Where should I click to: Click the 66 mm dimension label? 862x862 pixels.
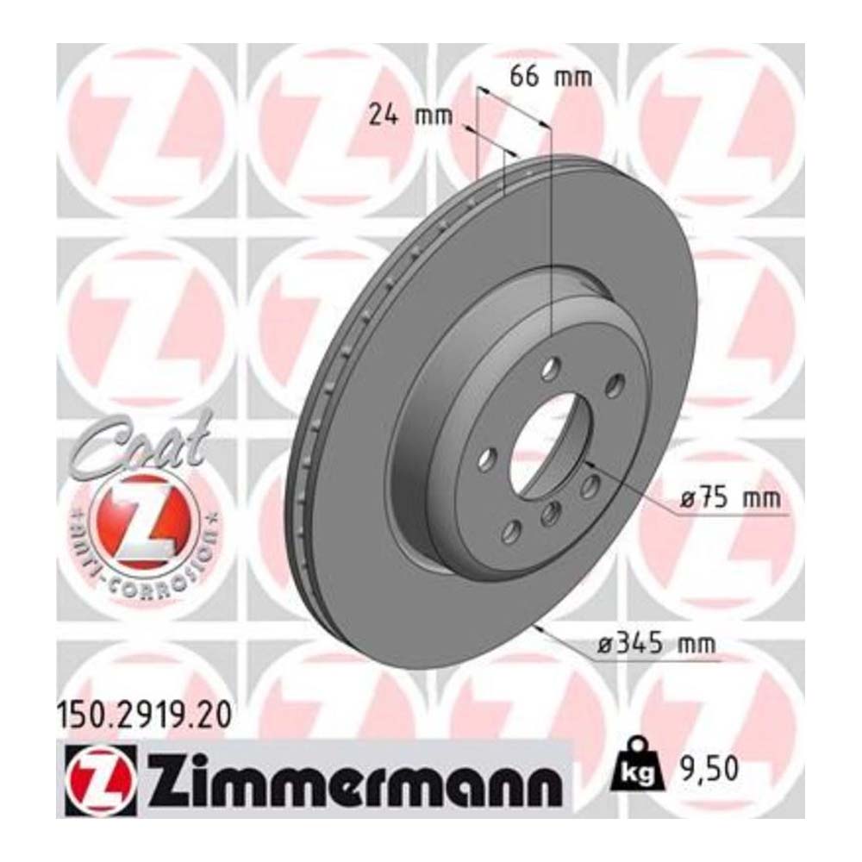552,77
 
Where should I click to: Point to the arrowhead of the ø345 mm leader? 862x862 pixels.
538,628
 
